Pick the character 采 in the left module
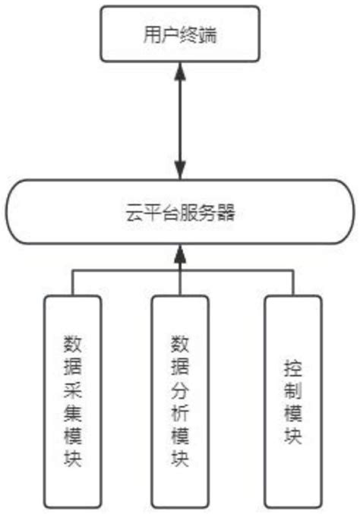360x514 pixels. tap(73, 389)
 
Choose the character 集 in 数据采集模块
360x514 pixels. tap(73, 412)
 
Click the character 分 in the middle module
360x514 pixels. tap(180, 389)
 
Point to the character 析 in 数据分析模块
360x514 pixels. tap(180, 412)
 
